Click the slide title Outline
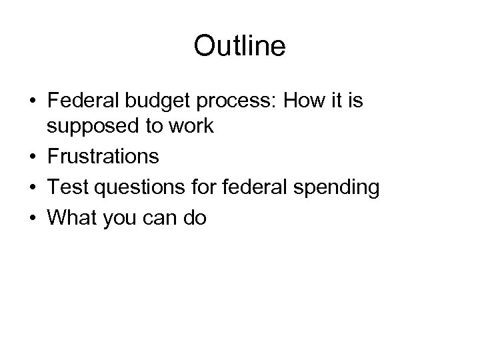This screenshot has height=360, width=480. (x=239, y=46)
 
